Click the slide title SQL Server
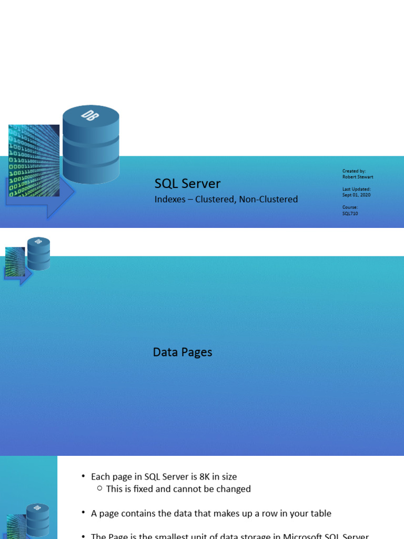pos(187,184)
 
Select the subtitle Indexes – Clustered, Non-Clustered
pos(226,199)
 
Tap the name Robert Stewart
pos(358,177)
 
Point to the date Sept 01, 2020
pos(356,195)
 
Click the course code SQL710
pos(350,213)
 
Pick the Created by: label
pos(353,171)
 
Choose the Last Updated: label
pos(356,189)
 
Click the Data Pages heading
pos(183,352)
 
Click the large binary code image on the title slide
pos(34,161)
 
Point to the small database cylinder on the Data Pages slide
pos(38,254)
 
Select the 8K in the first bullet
pos(205,477)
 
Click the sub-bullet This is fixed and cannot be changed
pos(178,489)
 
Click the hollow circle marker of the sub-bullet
pos(99,489)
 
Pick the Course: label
pos(350,207)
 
